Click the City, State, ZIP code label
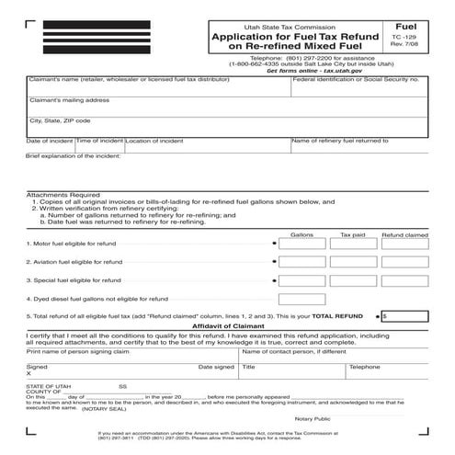tap(61, 120)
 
